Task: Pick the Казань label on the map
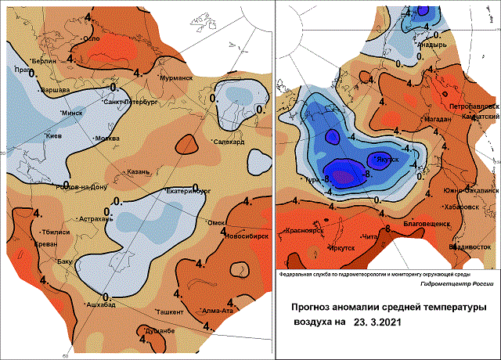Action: [x=139, y=171]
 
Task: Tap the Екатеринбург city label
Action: [x=190, y=190]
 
